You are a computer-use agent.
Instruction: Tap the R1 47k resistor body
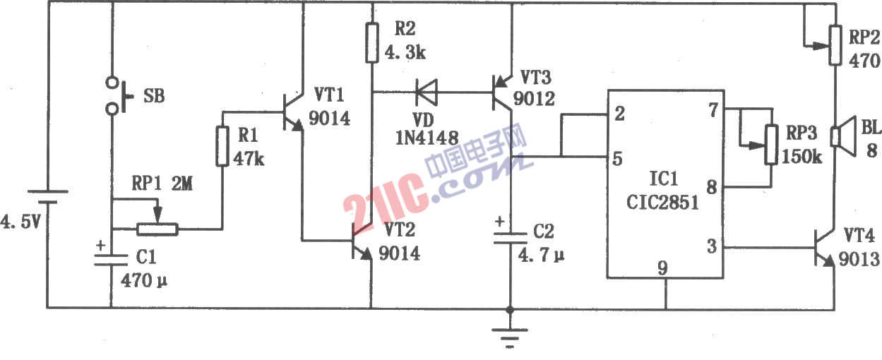(x=222, y=146)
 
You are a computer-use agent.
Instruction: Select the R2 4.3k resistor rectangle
(x=371, y=42)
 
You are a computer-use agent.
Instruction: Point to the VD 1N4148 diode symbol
(x=427, y=92)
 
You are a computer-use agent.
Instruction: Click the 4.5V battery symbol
(x=47, y=197)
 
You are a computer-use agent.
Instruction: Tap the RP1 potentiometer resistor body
(x=157, y=229)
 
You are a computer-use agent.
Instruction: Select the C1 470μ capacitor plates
(x=111, y=260)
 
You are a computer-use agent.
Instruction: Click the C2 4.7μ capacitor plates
(x=511, y=238)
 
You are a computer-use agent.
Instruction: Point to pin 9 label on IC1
(x=663, y=268)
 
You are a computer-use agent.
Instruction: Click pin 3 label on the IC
(x=712, y=246)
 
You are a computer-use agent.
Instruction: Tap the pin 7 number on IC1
(x=713, y=110)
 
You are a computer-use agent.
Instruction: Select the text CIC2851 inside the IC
(x=662, y=202)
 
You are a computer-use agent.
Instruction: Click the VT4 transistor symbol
(x=825, y=248)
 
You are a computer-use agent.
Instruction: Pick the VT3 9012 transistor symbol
(x=502, y=93)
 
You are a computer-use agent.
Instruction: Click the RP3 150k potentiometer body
(x=771, y=145)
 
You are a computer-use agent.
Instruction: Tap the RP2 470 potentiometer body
(x=835, y=45)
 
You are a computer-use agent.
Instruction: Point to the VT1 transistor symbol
(x=293, y=112)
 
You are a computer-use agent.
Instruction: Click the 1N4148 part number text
(x=427, y=138)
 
